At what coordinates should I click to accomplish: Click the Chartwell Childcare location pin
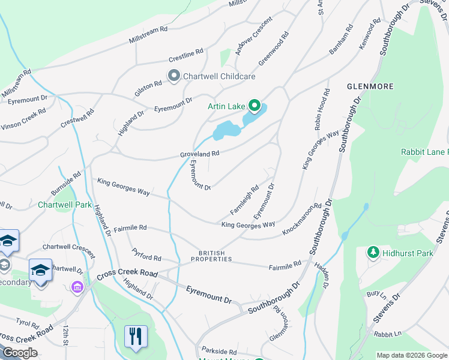pyautogui.click(x=174, y=76)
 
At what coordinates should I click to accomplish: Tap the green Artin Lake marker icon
pyautogui.click(x=254, y=106)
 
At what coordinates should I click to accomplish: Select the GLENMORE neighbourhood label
pyautogui.click(x=370, y=86)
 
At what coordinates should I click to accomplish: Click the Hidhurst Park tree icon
pyautogui.click(x=373, y=253)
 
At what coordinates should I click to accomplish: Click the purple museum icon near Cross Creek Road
pyautogui.click(x=76, y=287)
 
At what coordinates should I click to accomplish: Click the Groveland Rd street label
pyautogui.click(x=200, y=154)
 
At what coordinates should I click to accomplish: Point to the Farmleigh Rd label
pyautogui.click(x=244, y=200)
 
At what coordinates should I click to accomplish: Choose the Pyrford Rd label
pyautogui.click(x=146, y=255)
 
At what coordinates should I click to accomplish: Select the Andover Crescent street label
pyautogui.click(x=254, y=35)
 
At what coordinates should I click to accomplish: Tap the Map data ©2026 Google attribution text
pyautogui.click(x=411, y=355)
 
